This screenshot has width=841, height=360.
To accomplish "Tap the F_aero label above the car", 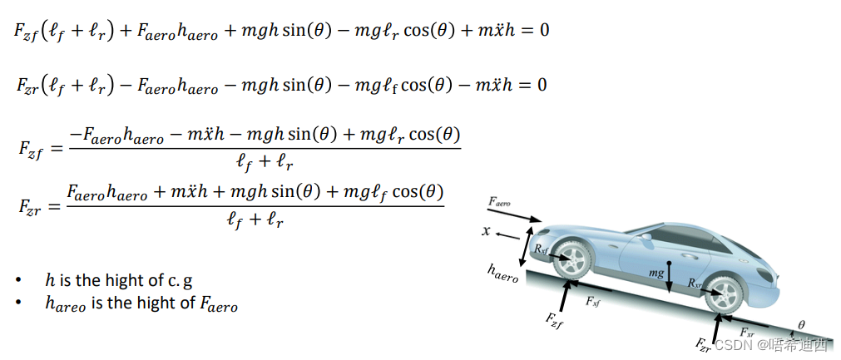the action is coord(500,202).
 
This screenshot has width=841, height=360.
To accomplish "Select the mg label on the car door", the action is coord(657,272).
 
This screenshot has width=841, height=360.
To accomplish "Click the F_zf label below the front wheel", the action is coord(555,319).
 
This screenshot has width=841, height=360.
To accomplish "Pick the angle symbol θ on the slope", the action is coord(801,325).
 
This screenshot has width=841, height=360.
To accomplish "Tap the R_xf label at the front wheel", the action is coord(542,248).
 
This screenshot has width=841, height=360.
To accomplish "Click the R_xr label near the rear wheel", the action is coord(695,284).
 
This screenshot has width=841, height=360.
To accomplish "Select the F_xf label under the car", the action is coord(592,302).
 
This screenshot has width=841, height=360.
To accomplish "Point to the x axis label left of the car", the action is coord(486,230).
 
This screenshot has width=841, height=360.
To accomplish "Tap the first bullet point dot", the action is coord(18,280).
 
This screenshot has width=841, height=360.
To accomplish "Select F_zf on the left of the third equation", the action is coord(30,148).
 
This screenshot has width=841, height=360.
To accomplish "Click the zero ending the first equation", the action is coord(543,31).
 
